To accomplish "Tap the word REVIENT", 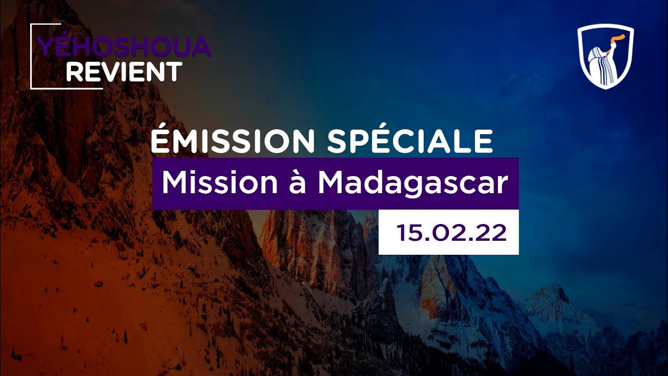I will (x=124, y=72).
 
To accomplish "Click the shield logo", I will (x=605, y=56).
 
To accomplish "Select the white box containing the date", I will (x=448, y=232).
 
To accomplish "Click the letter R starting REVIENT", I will (x=74, y=72).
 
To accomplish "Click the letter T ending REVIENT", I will (x=174, y=72).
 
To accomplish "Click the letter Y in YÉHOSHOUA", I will (x=46, y=48).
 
